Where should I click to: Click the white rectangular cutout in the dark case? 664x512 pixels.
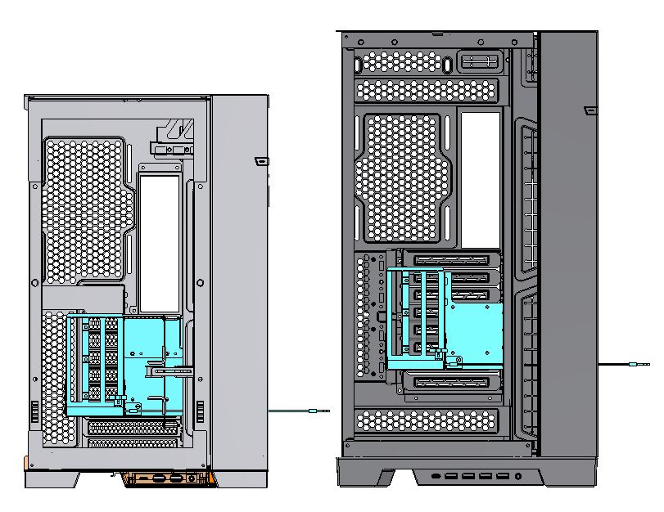(481, 179)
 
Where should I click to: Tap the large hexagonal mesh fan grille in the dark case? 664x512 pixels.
(402, 177)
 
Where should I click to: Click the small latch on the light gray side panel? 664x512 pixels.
(260, 160)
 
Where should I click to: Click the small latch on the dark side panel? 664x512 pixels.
(586, 110)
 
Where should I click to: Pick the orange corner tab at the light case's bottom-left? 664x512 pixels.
(30, 463)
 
